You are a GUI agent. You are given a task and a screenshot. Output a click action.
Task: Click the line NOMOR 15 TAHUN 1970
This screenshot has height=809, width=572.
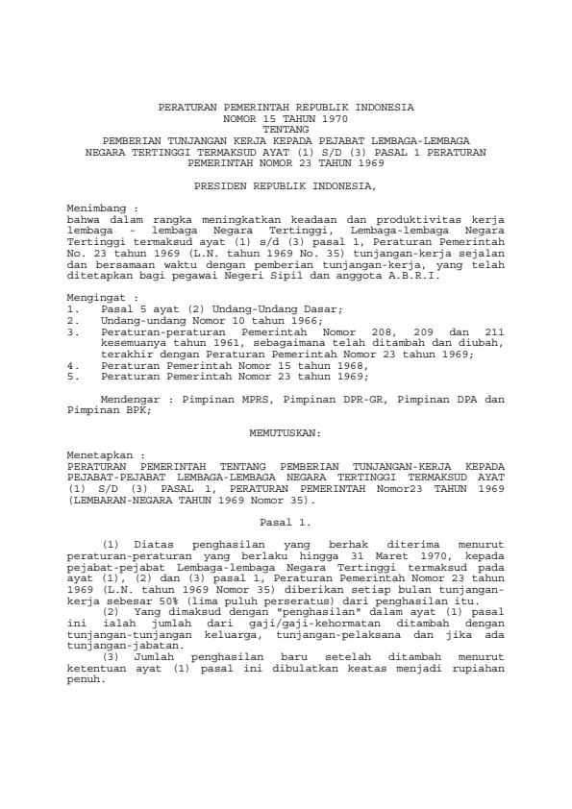pos(286,115)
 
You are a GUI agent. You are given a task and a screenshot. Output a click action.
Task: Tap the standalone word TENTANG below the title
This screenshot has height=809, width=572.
pos(286,127)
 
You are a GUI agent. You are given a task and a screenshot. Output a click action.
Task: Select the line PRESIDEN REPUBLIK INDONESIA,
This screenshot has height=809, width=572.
pos(286,184)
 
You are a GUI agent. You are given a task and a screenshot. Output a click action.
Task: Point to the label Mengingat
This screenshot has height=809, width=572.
pos(95,272)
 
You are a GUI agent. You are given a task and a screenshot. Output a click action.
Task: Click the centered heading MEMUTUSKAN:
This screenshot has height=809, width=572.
pos(285,433)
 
